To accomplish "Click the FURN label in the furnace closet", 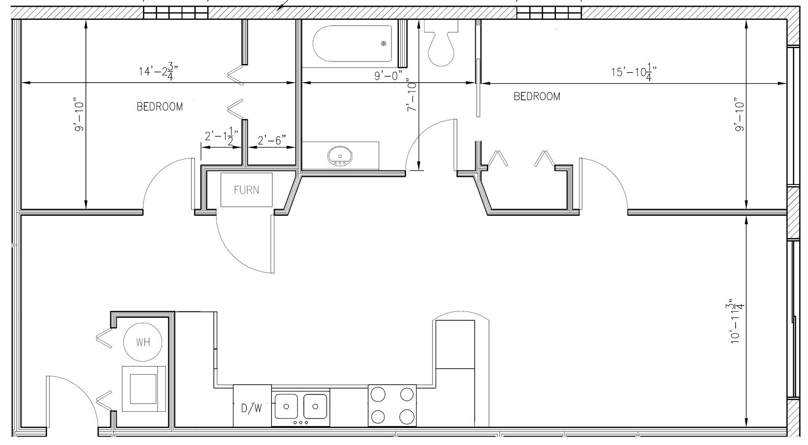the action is pyautogui.click(x=246, y=190).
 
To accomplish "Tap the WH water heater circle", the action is pyautogui.click(x=143, y=342).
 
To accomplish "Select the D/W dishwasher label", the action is pyautogui.click(x=251, y=408).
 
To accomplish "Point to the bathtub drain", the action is pyautogui.click(x=383, y=43).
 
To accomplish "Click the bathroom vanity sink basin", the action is pyautogui.click(x=340, y=155).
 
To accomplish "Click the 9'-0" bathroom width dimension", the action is pyautogui.click(x=388, y=76).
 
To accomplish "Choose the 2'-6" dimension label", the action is pyautogui.click(x=272, y=140).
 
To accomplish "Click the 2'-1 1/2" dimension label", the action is pyautogui.click(x=222, y=137).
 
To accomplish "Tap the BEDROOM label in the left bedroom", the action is pyautogui.click(x=160, y=107).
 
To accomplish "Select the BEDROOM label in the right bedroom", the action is pyautogui.click(x=537, y=97).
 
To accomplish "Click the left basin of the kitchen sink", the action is pyautogui.click(x=286, y=407).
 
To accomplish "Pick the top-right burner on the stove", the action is pyautogui.click(x=407, y=395).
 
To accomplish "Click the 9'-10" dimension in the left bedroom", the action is pyautogui.click(x=79, y=116).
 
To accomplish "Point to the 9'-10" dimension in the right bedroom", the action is pyautogui.click(x=739, y=116).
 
